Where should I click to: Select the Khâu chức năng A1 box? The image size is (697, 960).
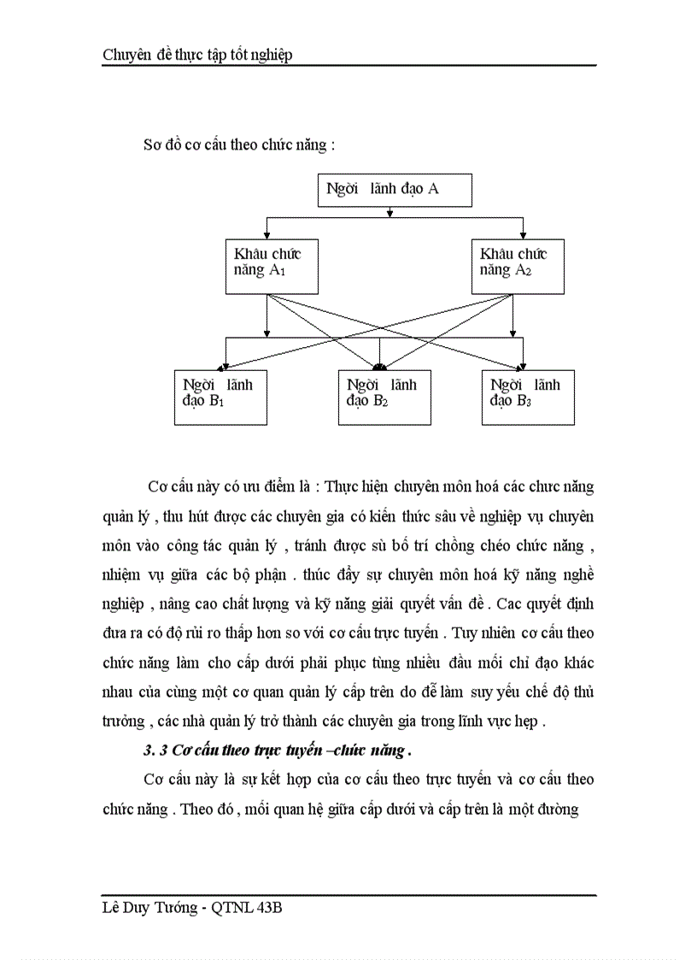tap(268, 266)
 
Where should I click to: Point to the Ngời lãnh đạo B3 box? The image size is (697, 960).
tap(527, 397)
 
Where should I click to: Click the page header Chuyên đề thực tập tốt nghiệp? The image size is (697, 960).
tap(197, 55)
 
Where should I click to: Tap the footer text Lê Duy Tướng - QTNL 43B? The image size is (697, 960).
tap(192, 908)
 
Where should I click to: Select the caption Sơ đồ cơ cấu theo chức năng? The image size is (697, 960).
tap(239, 144)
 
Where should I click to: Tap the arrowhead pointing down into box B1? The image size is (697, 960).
tap(226, 365)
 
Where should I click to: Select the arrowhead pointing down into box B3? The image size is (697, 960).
tap(524, 365)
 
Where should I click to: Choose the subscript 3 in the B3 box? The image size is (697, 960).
tap(530, 403)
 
